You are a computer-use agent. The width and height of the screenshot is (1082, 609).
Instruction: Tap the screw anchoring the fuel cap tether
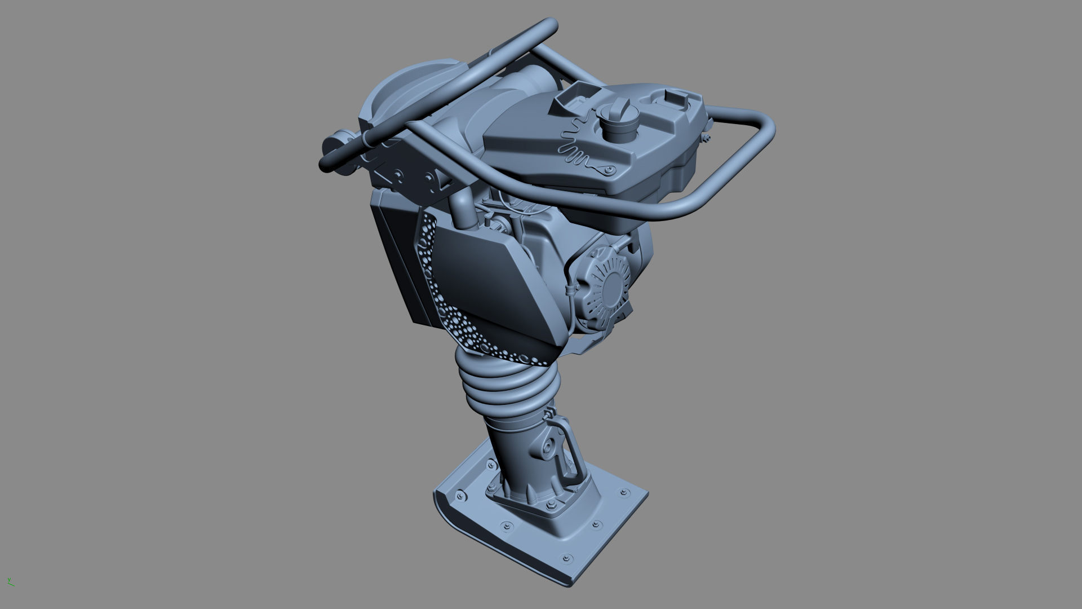tap(609, 169)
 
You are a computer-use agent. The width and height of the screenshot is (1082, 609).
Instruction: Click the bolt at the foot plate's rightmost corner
tap(622, 493)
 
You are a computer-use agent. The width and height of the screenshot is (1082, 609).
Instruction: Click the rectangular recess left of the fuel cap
tap(578, 98)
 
